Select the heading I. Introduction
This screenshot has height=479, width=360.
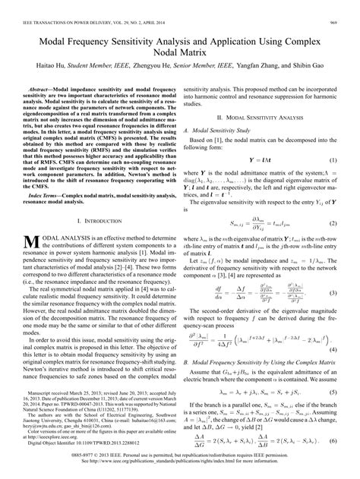point(99,221)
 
